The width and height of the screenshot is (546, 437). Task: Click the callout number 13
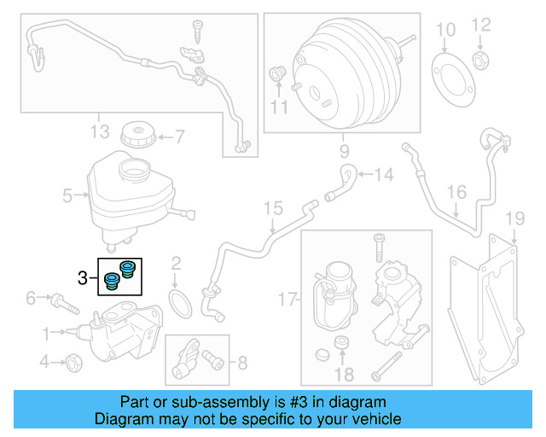[100, 131]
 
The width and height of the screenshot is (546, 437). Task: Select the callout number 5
[67, 196]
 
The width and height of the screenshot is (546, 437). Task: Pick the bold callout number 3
[83, 277]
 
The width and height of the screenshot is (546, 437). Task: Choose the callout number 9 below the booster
[344, 153]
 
